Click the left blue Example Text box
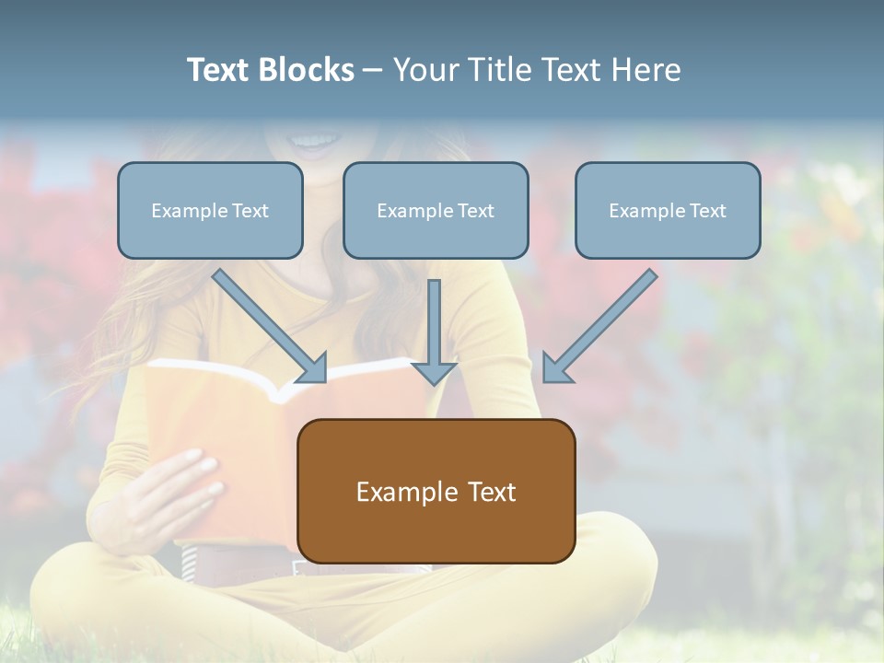coord(210,211)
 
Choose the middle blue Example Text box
coord(436,211)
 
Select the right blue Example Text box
coord(668,211)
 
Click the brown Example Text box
coord(436,491)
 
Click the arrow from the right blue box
coord(604,321)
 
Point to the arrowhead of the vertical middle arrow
coord(434,372)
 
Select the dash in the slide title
coord(373,71)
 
